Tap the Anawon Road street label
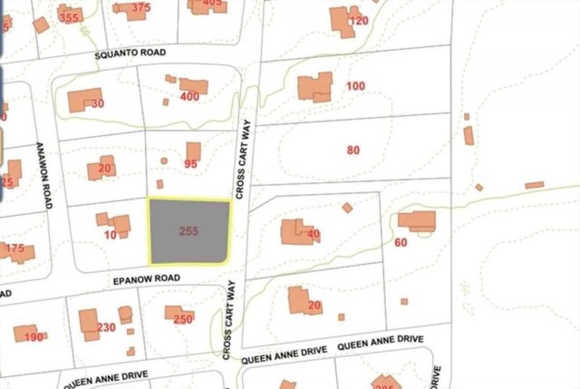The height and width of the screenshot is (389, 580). coord(44,176)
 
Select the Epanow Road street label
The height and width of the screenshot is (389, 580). coord(146,279)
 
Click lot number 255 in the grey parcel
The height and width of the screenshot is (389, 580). coord(188,231)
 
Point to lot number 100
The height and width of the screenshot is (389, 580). coord(355,87)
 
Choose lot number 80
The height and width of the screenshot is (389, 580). coord(353,150)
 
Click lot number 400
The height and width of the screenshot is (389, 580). coord(189,97)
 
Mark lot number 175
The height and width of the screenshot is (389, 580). coord(15,249)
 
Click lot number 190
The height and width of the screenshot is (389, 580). coord(34,337)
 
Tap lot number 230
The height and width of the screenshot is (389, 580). coord(106,328)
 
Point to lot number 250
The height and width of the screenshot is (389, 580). coord(183,319)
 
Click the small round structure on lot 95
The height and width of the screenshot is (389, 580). coord(164,161)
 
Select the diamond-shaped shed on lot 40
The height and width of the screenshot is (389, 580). coord(347,208)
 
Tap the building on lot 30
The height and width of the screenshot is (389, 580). coord(84,100)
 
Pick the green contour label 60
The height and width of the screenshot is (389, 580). coord(85,32)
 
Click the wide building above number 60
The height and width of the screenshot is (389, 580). coord(417,221)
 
